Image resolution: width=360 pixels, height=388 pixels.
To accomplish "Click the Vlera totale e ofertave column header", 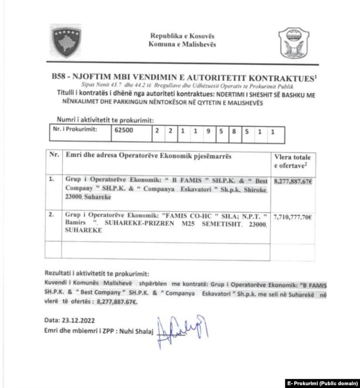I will point(293,162).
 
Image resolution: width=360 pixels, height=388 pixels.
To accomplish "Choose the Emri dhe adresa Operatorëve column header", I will point(148,157).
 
